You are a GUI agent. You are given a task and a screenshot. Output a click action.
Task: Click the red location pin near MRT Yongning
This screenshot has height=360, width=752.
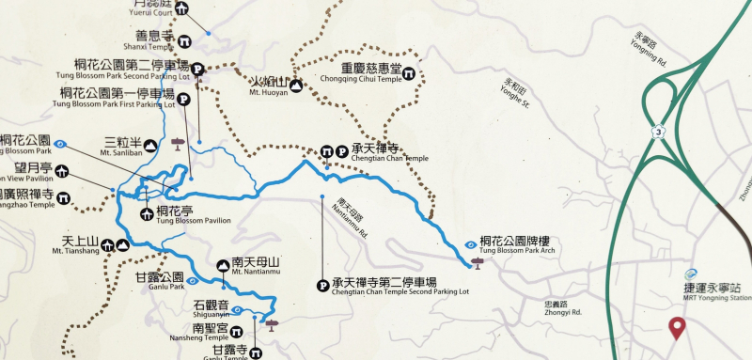[x=676, y=328]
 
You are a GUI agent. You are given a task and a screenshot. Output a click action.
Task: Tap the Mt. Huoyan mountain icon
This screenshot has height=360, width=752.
[x=296, y=85]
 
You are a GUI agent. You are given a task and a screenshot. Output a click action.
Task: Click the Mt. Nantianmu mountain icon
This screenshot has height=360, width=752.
[x=223, y=266]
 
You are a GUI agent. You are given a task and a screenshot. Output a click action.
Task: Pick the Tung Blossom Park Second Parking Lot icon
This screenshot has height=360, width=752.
[x=197, y=67]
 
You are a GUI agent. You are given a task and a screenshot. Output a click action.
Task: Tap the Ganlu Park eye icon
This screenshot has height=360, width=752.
[x=192, y=279]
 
